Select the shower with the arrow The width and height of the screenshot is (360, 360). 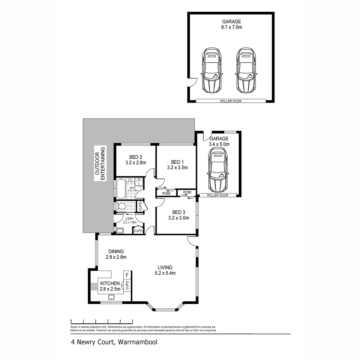[x=139, y=182]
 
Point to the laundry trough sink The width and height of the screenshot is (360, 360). [x=120, y=230]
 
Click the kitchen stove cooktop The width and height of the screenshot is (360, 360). [x=93, y=286]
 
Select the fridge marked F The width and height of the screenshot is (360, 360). [x=127, y=275]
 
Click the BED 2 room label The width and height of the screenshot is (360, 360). [x=136, y=157]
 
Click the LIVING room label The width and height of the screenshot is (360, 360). [x=165, y=267]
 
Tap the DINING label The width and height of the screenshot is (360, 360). [x=116, y=251]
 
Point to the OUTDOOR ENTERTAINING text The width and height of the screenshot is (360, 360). [x=100, y=163]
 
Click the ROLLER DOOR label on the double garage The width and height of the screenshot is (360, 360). [x=230, y=101]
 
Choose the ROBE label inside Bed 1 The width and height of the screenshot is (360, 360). [x=166, y=193]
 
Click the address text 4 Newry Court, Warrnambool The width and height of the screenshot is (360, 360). [x=113, y=342]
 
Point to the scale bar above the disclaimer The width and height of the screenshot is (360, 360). [x=102, y=321]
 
